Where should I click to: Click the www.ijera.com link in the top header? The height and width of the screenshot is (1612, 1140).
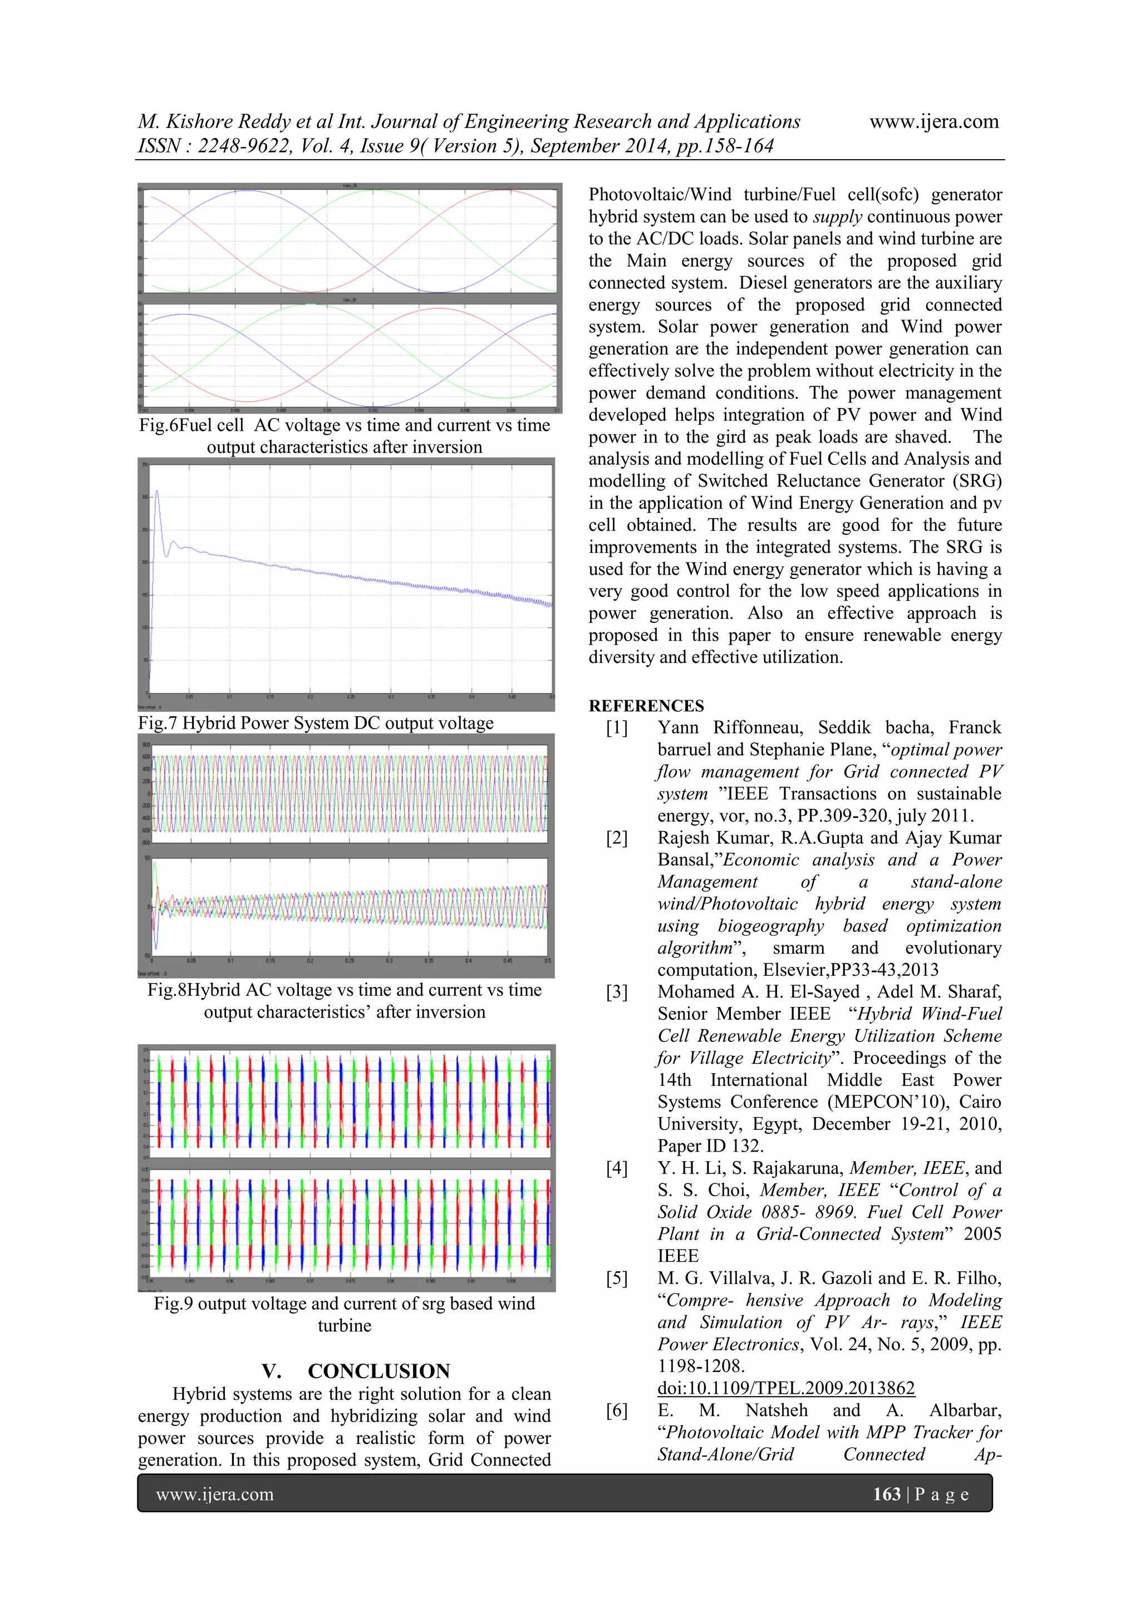click(933, 121)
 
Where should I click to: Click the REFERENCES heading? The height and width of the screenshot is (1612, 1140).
click(646, 706)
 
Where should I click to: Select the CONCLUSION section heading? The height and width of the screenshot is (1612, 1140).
click(379, 1371)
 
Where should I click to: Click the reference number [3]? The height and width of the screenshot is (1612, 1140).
click(617, 992)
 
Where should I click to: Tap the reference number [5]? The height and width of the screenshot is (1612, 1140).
click(617, 1279)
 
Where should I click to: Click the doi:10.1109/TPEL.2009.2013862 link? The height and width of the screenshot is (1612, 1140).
click(785, 1389)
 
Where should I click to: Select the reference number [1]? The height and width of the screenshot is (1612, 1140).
click(617, 728)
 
